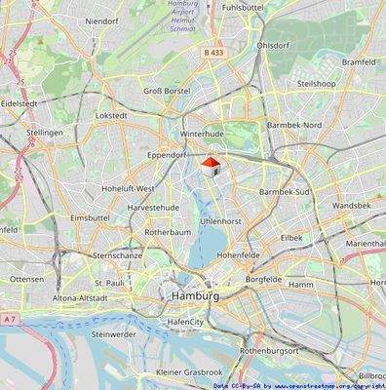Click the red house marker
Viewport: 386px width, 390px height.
click(211, 168)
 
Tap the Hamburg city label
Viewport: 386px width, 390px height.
click(194, 294)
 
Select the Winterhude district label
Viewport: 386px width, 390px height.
click(203, 136)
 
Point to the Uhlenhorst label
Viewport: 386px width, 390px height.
click(219, 222)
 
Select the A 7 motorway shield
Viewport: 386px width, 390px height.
click(10, 319)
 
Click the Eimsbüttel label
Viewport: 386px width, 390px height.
click(90, 218)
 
